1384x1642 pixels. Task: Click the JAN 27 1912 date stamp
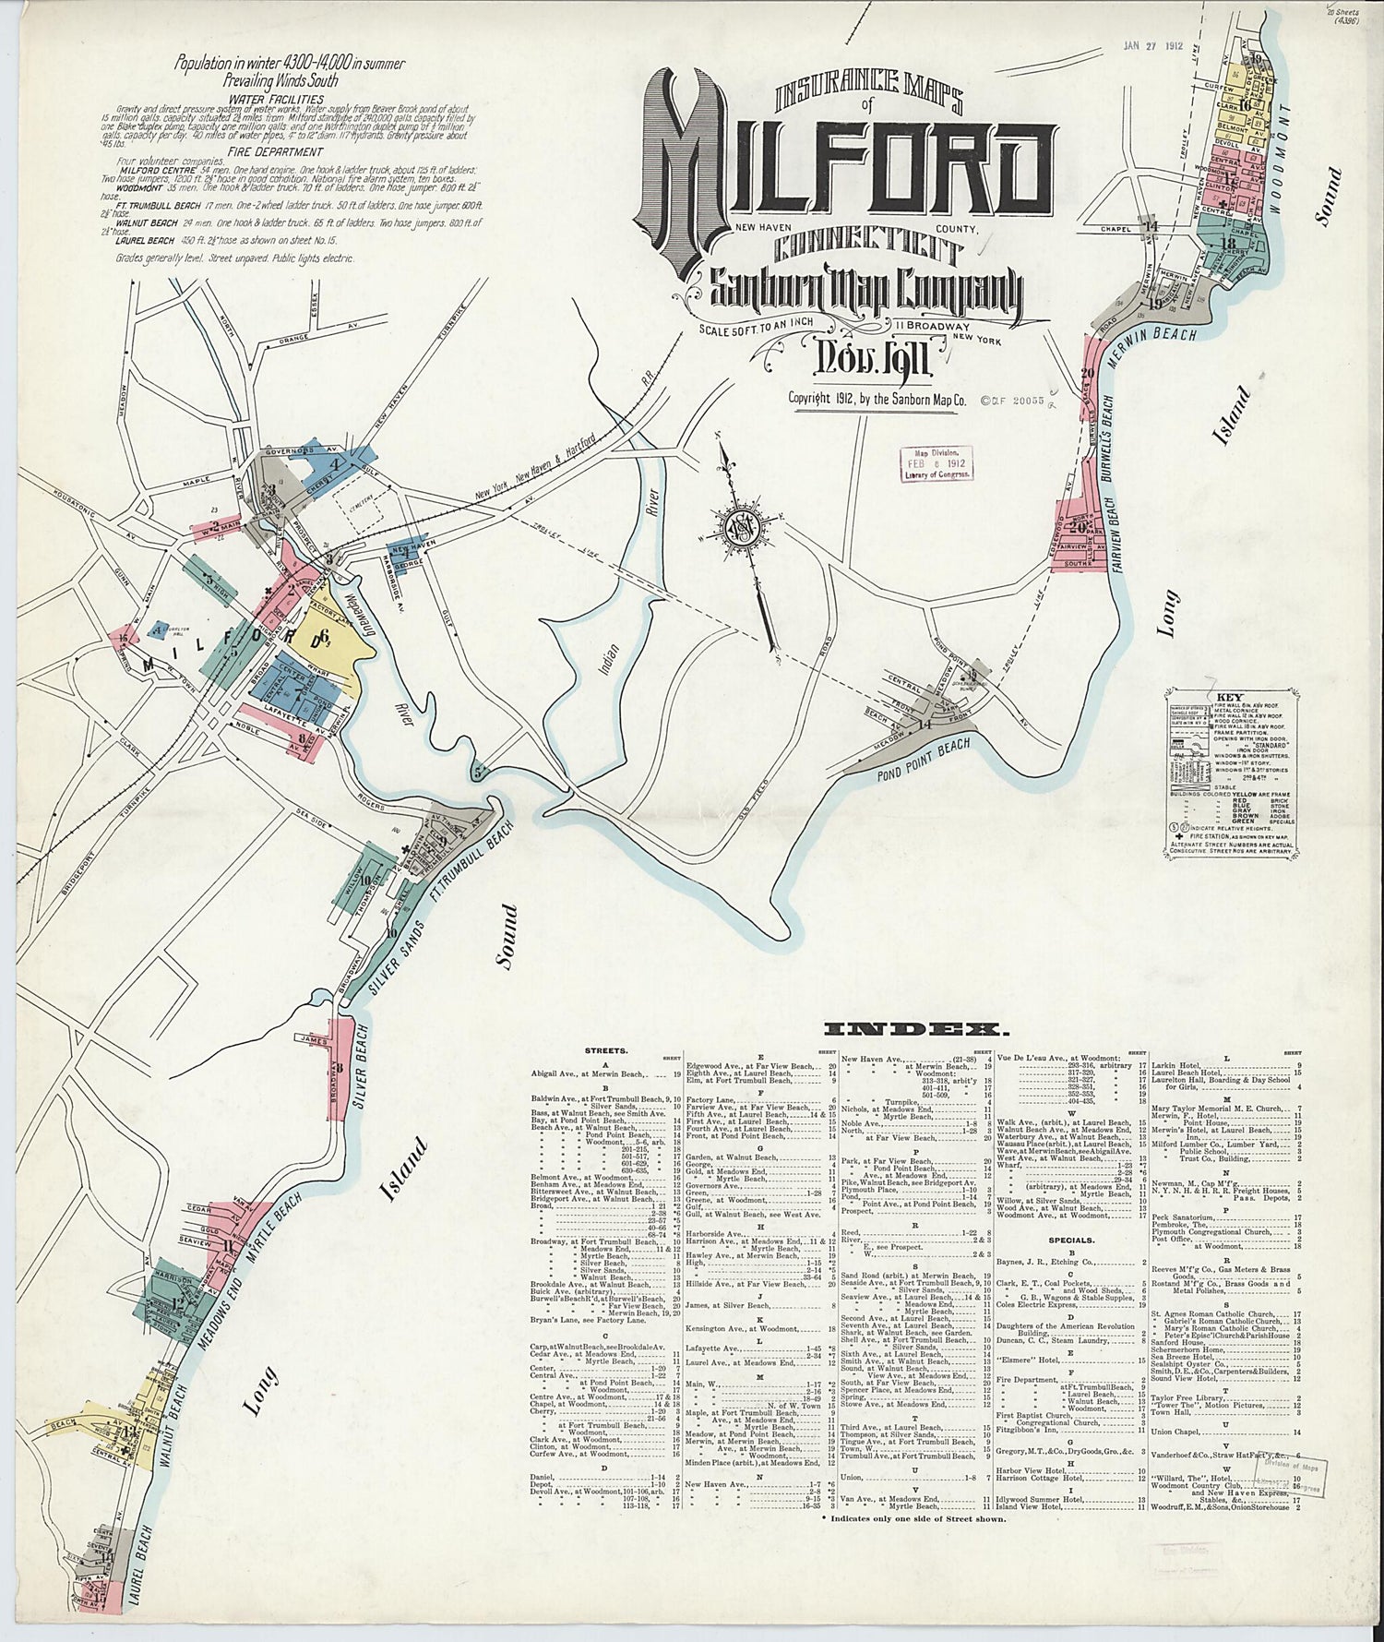coord(1152,44)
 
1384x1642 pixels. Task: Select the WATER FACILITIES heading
coord(276,99)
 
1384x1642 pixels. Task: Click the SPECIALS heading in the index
coord(1070,1240)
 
